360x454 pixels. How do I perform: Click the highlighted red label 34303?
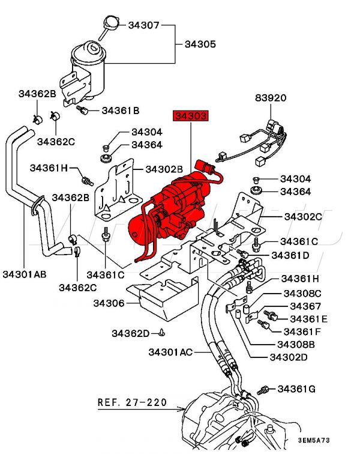191,115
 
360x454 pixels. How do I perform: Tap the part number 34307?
143,25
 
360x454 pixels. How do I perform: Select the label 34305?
200,44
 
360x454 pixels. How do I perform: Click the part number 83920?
271,97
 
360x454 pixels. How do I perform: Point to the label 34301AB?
26,274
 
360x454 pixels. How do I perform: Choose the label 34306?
109,303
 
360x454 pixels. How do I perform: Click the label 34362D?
130,333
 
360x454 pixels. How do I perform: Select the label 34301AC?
170,351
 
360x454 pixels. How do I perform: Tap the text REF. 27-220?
132,402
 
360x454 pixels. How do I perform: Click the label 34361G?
296,389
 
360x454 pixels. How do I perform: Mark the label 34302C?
303,216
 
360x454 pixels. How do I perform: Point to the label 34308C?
301,294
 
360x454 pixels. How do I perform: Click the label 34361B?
120,110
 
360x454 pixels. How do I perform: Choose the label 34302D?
289,357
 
